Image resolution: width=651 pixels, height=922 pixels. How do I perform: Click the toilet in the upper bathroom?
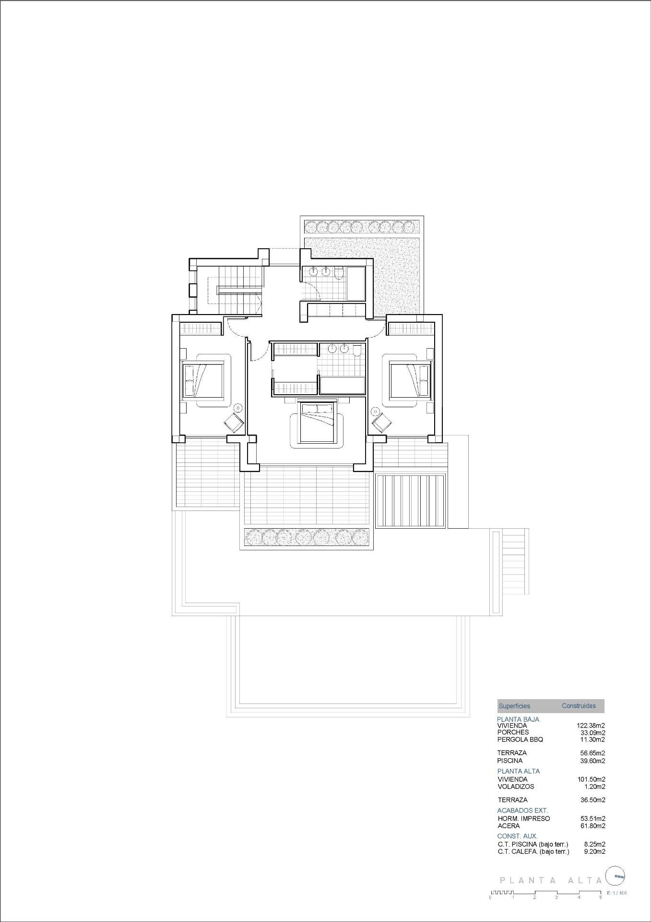click(339, 273)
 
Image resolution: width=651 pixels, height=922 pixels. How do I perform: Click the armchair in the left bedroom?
click(234, 423)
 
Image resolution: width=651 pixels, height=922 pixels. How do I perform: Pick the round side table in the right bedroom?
click(375, 411)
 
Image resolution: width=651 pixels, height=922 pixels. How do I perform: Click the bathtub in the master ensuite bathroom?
click(342, 386)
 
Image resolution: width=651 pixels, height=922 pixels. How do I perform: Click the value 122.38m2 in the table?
click(591, 726)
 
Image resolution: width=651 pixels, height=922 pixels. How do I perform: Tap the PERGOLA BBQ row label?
click(520, 740)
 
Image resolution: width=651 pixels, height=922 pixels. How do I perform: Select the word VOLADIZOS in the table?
click(516, 787)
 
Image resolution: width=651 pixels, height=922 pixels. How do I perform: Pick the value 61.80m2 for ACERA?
click(592, 825)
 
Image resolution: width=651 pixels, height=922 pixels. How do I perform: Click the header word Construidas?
click(579, 705)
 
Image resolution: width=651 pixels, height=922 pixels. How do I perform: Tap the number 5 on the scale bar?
click(600, 897)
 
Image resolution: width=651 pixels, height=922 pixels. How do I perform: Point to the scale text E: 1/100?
click(616, 893)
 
